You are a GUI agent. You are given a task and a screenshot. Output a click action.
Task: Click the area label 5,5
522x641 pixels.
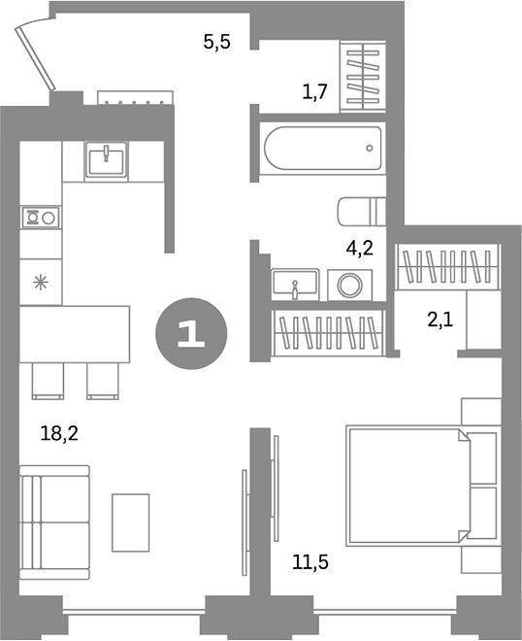(217, 42)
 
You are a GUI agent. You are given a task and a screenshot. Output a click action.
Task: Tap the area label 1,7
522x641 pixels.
(315, 91)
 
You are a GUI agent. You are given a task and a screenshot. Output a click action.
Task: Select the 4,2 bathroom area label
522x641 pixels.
(359, 248)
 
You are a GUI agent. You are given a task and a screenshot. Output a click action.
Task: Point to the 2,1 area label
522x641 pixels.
(440, 320)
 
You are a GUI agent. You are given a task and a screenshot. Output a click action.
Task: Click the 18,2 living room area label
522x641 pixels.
(59, 433)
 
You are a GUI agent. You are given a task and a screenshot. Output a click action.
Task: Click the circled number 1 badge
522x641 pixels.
(191, 333)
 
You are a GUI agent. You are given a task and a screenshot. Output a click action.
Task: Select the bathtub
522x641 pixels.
(323, 148)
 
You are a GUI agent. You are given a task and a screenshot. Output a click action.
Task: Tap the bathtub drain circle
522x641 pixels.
(370, 148)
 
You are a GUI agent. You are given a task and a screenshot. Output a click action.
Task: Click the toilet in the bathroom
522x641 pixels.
(362, 212)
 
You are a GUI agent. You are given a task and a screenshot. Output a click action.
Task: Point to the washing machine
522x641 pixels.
(349, 285)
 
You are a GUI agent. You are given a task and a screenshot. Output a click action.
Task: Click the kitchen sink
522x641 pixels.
(106, 159)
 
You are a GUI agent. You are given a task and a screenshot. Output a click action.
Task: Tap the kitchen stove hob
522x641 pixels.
(41, 218)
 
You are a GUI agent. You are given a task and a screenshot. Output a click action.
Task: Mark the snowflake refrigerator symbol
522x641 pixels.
(41, 283)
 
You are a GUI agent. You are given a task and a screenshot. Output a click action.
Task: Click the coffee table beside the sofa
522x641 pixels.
(131, 523)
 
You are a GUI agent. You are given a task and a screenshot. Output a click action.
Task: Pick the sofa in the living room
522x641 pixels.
(54, 523)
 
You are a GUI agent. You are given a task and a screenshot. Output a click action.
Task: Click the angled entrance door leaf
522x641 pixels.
(35, 57)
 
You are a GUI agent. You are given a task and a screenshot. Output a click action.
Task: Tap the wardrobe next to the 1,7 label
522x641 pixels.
(363, 76)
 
